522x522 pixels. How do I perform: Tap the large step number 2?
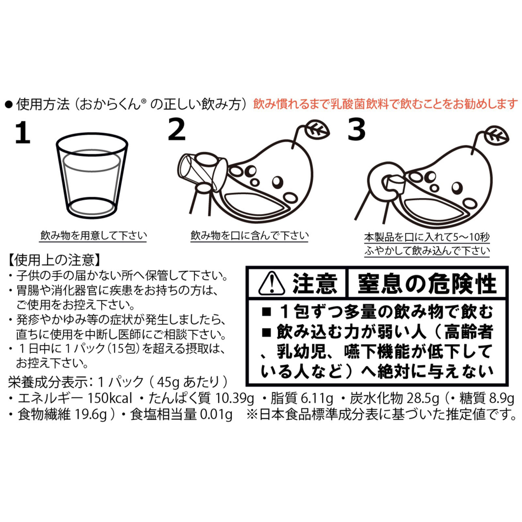coord(177,130)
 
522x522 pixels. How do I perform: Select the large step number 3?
coord(356,130)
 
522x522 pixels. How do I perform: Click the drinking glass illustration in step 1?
coord(92,176)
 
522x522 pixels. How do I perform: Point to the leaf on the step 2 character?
coord(316,130)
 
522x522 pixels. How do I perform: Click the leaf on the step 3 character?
coord(496,136)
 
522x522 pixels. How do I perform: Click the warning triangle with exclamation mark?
coord(271,284)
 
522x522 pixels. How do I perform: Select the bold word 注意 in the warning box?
coord(315,284)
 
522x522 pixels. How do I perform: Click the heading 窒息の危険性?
coord(427,284)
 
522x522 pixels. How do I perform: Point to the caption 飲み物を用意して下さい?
coord(93,235)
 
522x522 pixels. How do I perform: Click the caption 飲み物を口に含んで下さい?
coord(249,235)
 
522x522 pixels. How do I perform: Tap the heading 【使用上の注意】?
coord(54,260)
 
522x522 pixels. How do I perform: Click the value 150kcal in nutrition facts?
coord(110,398)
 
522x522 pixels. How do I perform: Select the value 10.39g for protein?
coord(234,398)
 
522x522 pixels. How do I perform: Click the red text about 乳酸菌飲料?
coord(385,104)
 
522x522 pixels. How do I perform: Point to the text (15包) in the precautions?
coord(124,348)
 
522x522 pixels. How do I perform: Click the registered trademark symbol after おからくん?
coord(144,101)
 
